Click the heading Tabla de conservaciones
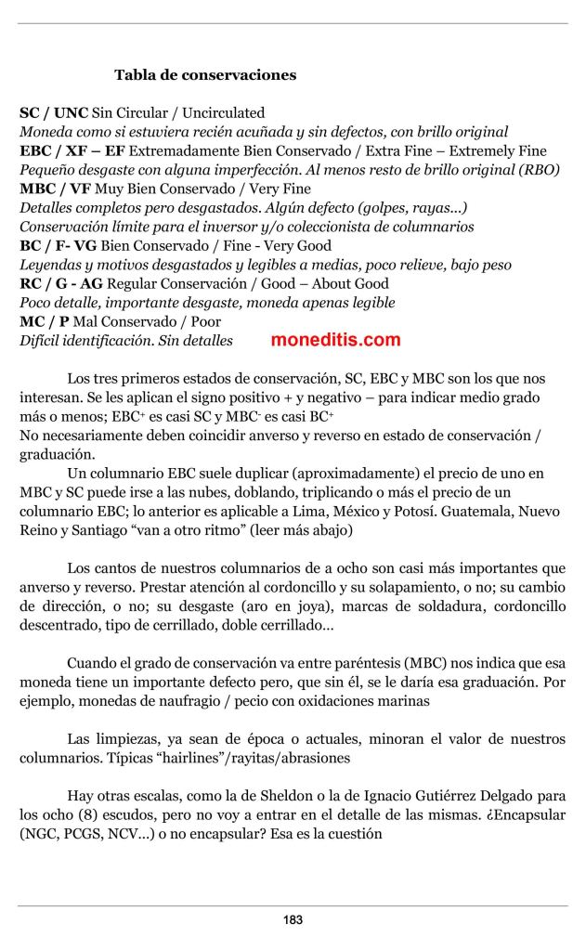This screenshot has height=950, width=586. (205, 74)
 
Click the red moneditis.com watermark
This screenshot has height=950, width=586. (335, 340)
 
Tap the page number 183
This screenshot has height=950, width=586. (293, 920)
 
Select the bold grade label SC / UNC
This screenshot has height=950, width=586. (54, 112)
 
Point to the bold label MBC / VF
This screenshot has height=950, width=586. (55, 189)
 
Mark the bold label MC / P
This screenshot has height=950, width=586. (44, 321)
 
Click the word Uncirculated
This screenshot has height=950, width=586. (223, 112)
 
